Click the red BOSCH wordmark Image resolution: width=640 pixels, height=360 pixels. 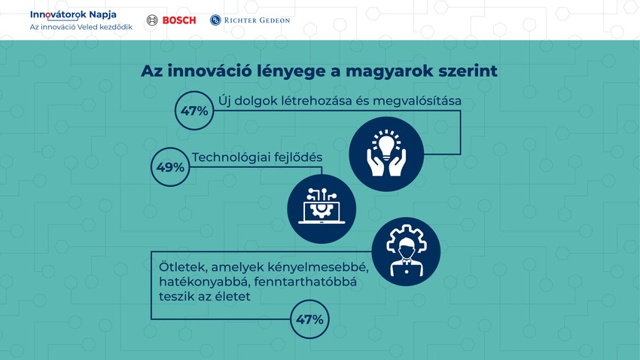point(178,20)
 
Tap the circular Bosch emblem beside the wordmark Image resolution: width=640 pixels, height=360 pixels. point(152,20)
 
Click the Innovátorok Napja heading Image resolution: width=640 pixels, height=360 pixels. point(73,14)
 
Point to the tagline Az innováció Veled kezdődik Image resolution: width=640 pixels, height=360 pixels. point(81,27)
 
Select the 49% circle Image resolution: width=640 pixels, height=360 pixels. point(170,167)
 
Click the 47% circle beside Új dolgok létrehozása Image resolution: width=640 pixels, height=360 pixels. point(194,111)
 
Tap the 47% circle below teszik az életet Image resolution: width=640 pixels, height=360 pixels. point(309,319)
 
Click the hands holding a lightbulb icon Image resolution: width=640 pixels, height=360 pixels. point(386,154)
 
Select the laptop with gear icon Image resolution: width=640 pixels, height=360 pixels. point(322,209)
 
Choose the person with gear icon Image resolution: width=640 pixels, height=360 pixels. point(406,252)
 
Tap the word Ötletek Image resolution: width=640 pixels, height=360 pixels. point(183,267)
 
